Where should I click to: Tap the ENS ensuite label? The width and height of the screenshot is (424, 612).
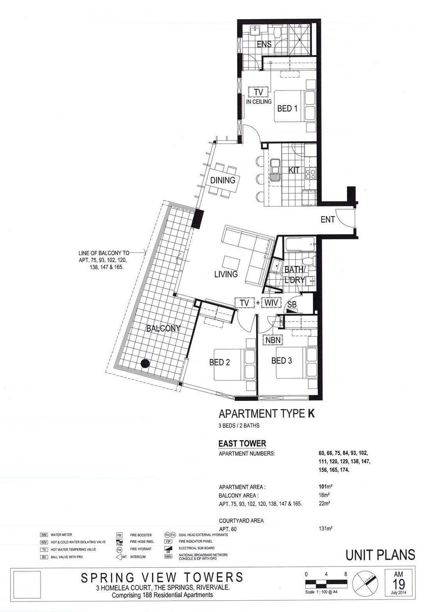(264, 44)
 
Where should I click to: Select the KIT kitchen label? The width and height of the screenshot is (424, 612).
(294, 170)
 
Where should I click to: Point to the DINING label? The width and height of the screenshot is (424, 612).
(222, 180)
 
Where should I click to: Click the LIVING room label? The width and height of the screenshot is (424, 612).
(226, 274)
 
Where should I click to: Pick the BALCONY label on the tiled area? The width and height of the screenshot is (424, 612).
(163, 328)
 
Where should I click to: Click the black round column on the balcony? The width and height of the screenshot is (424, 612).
(145, 363)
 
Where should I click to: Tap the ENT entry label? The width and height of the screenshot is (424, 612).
(327, 219)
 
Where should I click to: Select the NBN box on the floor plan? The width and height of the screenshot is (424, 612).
(273, 340)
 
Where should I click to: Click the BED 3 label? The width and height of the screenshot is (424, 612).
(282, 361)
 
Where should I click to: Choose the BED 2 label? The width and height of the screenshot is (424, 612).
(220, 362)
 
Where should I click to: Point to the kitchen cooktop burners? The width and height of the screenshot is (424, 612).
(310, 173)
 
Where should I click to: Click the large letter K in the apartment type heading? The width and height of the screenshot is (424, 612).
(311, 414)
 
